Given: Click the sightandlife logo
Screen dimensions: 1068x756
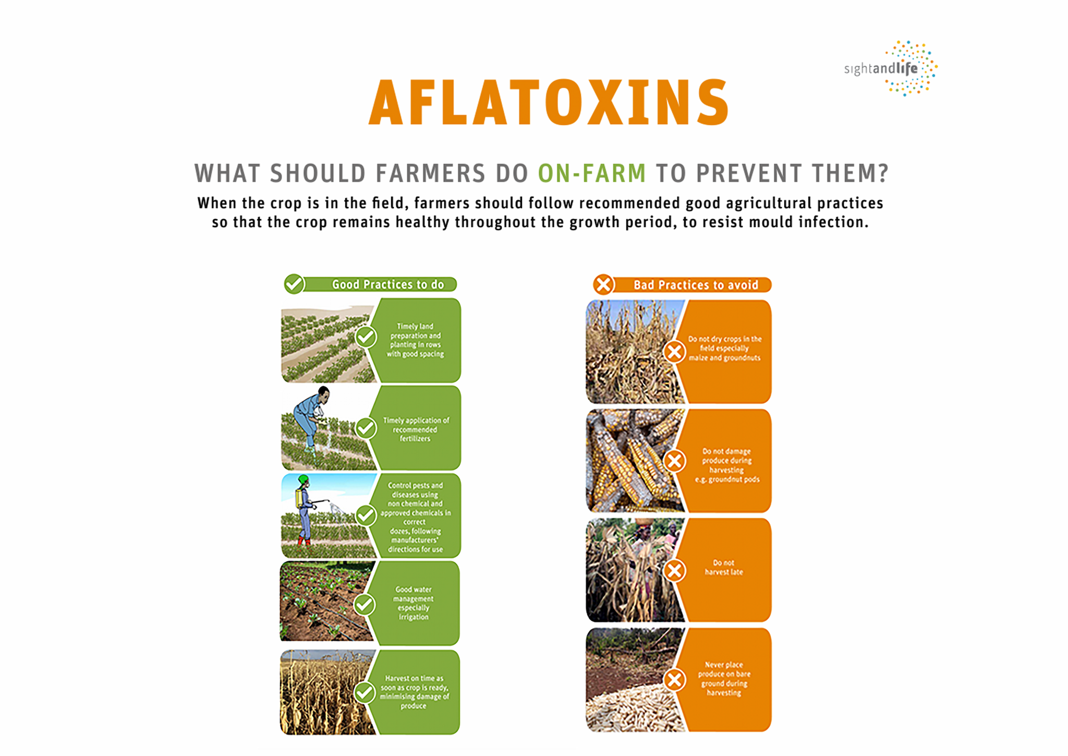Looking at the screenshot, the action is pyautogui.click(x=891, y=68).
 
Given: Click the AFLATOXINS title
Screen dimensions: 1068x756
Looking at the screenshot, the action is pyautogui.click(x=549, y=102).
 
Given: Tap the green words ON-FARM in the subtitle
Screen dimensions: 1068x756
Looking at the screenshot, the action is pyautogui.click(x=592, y=173).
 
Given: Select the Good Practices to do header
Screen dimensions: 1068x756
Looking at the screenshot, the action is pyautogui.click(x=388, y=284).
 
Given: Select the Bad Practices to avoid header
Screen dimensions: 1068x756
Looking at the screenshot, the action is pyautogui.click(x=696, y=285).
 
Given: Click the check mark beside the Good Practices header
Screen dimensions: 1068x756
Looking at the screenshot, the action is pyautogui.click(x=294, y=284).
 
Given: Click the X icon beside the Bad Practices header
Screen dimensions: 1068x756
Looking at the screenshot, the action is pyautogui.click(x=603, y=284).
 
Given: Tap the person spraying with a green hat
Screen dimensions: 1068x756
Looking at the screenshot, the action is pyautogui.click(x=305, y=510).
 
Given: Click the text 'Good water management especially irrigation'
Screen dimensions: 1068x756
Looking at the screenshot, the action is pyautogui.click(x=414, y=603).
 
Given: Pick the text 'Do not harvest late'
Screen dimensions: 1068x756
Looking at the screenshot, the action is pyautogui.click(x=724, y=567).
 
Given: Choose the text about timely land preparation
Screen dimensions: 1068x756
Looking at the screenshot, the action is pyautogui.click(x=415, y=340).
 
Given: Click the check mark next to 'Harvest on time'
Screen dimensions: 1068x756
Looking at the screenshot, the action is pyautogui.click(x=365, y=693).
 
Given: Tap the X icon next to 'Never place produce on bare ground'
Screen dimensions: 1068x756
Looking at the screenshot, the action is pyautogui.click(x=674, y=679).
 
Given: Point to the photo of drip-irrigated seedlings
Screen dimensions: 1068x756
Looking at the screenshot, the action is pyautogui.click(x=327, y=601).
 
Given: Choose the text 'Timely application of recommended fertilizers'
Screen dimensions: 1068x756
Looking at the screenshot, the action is pyautogui.click(x=416, y=429).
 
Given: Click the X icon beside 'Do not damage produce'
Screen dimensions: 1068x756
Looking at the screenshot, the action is pyautogui.click(x=674, y=461).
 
